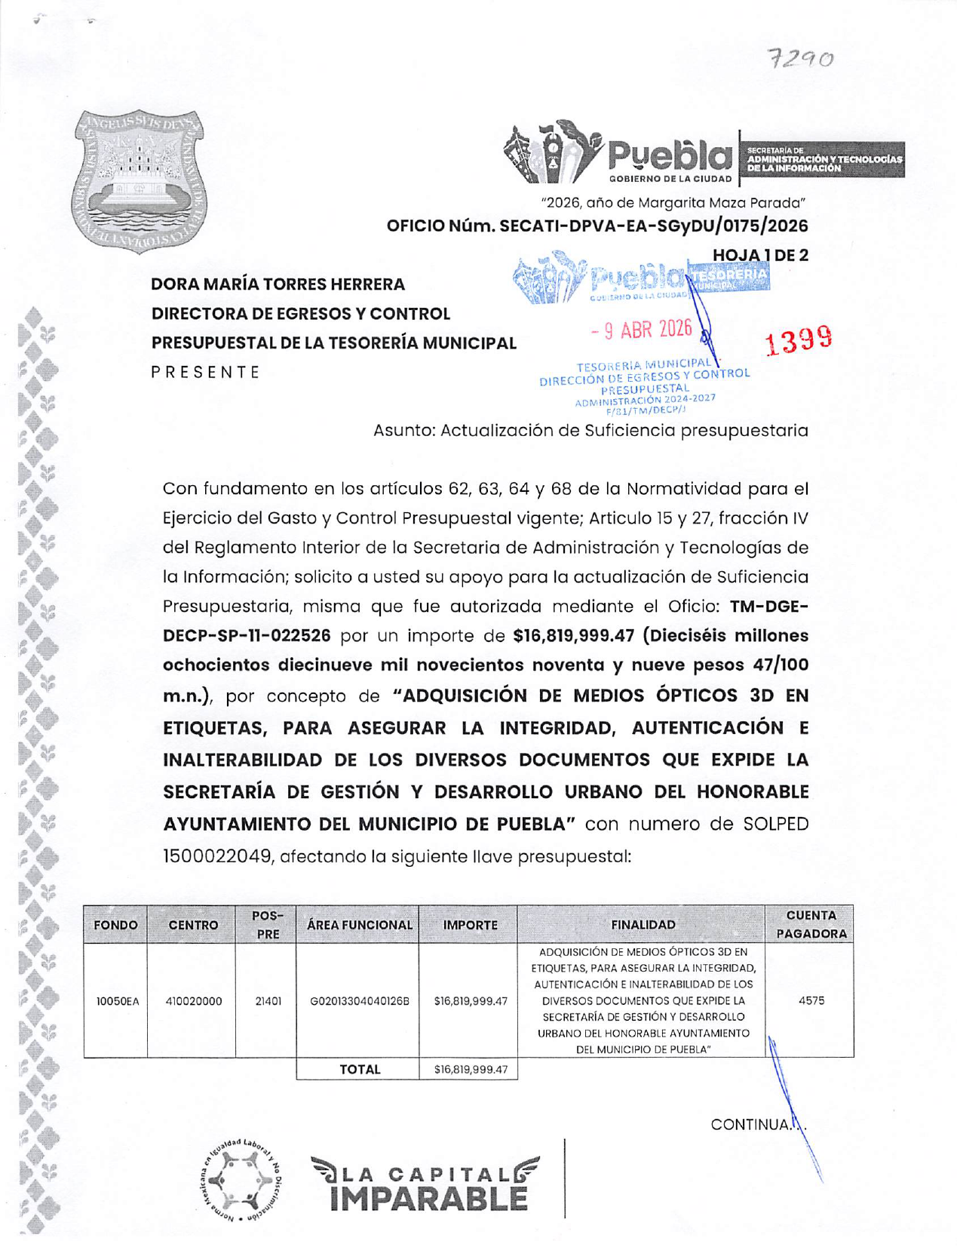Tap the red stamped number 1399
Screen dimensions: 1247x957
click(799, 340)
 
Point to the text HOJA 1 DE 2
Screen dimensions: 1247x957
click(759, 255)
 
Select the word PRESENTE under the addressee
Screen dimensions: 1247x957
click(206, 372)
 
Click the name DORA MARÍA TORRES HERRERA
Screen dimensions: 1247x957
click(278, 284)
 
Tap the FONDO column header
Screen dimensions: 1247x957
click(115, 925)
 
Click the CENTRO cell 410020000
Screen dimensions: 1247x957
click(193, 1001)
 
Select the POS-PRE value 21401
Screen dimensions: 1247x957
click(268, 1001)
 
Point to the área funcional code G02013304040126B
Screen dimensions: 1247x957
click(359, 1001)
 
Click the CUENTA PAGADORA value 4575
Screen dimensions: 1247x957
click(811, 1000)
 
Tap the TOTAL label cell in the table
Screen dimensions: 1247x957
click(360, 1069)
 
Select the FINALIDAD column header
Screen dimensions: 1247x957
click(643, 925)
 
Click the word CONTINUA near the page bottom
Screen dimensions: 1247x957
click(750, 1125)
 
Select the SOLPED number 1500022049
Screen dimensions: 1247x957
click(218, 856)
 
